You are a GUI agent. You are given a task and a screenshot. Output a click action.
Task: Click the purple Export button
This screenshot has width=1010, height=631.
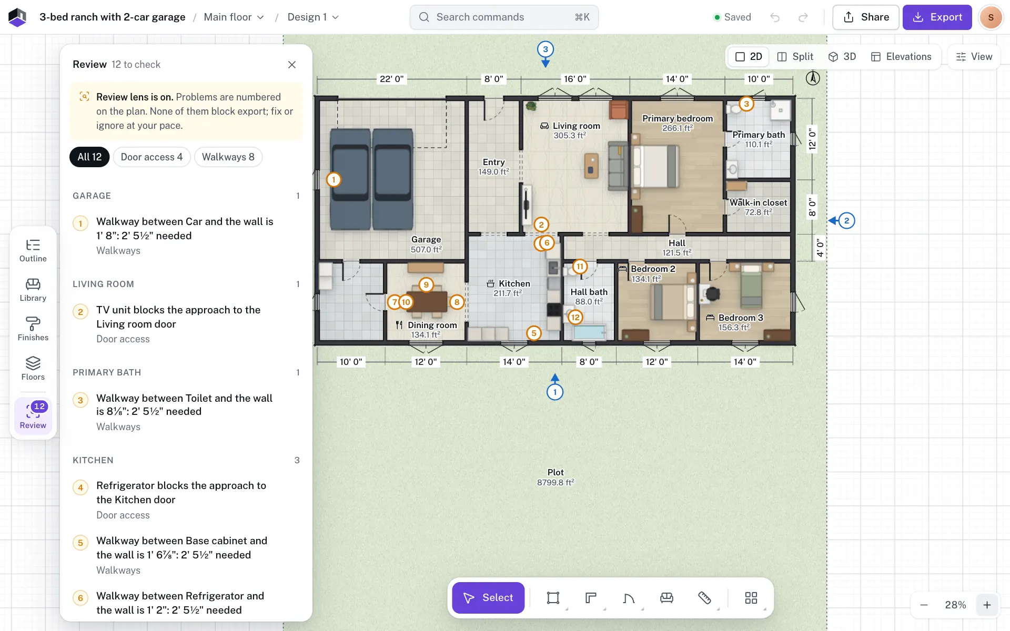tap(937, 17)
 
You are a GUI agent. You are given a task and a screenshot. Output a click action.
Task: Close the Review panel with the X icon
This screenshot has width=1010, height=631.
tap(292, 65)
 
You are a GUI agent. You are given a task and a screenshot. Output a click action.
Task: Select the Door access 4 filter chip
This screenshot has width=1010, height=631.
tap(151, 157)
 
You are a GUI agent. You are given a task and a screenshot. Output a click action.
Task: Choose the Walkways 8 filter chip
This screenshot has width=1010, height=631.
tap(228, 157)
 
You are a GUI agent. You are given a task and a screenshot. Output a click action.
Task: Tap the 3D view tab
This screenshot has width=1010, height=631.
tap(842, 57)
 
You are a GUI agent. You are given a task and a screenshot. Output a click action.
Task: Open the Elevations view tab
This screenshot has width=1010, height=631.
tap(901, 57)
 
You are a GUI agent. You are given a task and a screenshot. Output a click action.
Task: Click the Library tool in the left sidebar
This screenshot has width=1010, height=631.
tap(33, 290)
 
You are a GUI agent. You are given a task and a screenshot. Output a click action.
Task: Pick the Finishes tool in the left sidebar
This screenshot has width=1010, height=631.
tap(33, 329)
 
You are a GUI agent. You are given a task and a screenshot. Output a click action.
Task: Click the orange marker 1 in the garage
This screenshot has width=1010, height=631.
tap(334, 180)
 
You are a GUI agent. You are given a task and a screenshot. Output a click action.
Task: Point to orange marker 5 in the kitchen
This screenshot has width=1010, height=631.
tap(534, 333)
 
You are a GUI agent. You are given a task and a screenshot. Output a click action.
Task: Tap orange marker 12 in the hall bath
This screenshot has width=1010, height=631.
tap(575, 317)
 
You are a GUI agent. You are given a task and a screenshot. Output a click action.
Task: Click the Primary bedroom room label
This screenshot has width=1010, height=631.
tap(678, 119)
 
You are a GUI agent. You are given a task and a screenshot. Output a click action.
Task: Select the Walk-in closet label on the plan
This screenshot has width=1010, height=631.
tap(758, 203)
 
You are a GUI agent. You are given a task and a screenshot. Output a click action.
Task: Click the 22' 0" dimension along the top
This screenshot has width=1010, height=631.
tap(392, 79)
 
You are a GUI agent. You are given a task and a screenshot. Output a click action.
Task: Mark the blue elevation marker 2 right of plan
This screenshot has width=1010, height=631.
tap(846, 221)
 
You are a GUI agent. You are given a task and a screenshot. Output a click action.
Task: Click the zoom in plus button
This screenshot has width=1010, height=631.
tap(987, 605)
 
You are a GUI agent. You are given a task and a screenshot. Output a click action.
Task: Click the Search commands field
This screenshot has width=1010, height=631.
tap(504, 17)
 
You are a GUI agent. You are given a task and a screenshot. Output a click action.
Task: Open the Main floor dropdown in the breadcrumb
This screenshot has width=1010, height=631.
tap(234, 17)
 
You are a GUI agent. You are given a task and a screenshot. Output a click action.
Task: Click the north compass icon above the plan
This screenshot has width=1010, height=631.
tap(813, 78)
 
